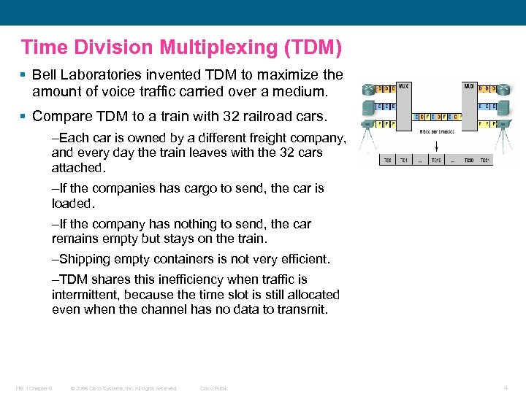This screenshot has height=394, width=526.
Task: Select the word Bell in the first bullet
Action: [45, 74]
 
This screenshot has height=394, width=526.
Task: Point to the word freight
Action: [251, 139]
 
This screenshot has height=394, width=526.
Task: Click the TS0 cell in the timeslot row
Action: [388, 160]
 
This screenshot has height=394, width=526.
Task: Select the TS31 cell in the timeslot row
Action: [484, 160]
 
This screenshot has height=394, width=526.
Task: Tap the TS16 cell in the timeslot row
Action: [436, 160]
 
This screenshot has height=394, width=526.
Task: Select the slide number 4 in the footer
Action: [507, 387]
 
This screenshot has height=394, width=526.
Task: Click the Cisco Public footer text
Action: [214, 388]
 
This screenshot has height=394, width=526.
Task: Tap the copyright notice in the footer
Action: [123, 388]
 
